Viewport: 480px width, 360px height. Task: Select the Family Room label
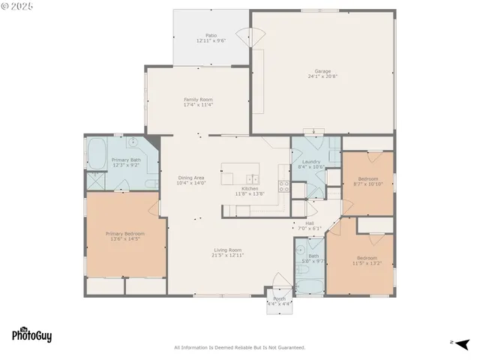(199, 99)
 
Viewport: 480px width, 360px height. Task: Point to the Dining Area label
(191, 178)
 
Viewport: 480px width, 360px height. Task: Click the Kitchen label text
(250, 188)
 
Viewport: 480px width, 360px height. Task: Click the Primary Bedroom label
(125, 233)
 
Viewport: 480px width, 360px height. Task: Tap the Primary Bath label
(126, 160)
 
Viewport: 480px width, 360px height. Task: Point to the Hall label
(310, 223)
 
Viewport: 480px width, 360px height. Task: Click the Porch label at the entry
(279, 298)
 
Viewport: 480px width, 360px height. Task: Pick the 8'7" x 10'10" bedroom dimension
(369, 184)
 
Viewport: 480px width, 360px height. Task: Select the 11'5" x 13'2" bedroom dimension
(367, 263)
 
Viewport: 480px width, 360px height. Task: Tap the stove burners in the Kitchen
(284, 187)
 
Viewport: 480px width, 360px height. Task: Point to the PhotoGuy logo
(31, 336)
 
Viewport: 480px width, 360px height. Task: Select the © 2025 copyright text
(19, 6)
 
